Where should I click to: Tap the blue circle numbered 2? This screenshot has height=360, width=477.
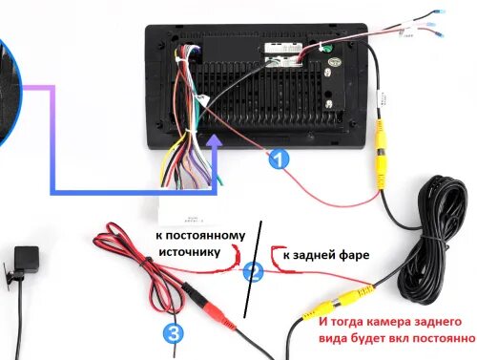(253, 273)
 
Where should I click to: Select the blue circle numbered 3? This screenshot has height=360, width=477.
(172, 333)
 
